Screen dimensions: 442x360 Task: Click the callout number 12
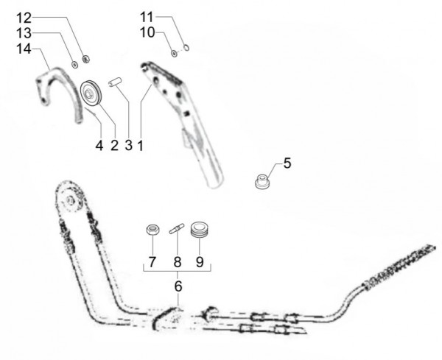[24, 18]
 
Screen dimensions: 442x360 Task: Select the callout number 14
[24, 49]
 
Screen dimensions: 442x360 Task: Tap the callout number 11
[147, 17]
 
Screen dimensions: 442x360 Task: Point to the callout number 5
[287, 163]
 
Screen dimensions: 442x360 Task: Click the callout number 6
[178, 286]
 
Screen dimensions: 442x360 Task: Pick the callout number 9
[200, 262]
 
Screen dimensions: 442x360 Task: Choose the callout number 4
[99, 146]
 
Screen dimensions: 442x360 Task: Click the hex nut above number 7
[153, 230]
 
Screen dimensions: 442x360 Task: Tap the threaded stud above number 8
[177, 228]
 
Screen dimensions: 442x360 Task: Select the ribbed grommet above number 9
[200, 229]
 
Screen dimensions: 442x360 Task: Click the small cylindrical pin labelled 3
[115, 82]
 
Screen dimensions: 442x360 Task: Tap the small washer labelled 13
[74, 64]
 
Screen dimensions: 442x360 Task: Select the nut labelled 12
[85, 59]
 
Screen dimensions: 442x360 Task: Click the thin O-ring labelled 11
[186, 48]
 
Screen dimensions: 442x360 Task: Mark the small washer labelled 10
[175, 53]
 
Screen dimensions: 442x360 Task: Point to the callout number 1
[141, 146]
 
